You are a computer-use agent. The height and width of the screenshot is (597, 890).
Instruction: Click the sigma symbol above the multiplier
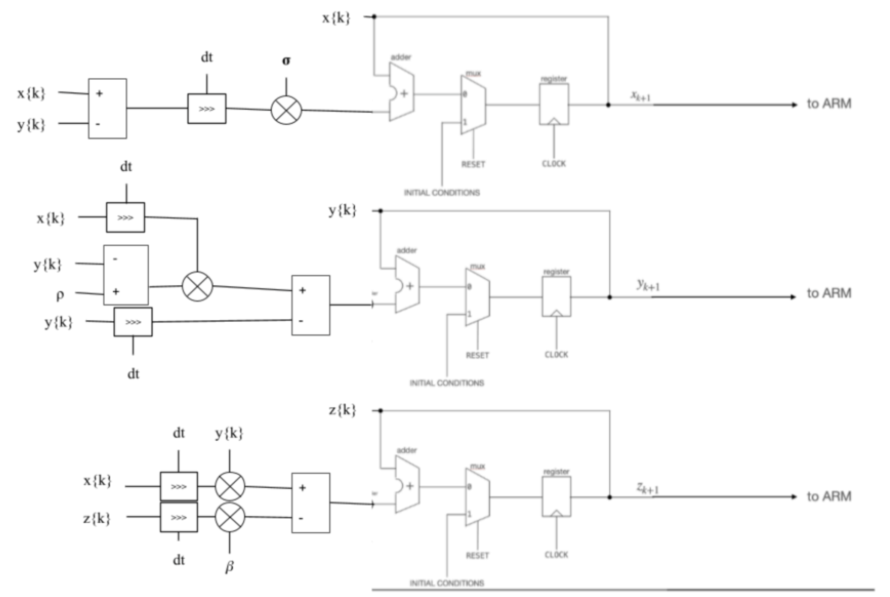pyautogui.click(x=286, y=61)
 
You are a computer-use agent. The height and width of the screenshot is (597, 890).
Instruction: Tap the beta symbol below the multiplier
pyautogui.click(x=229, y=567)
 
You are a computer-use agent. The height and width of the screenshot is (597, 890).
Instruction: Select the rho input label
pyautogui.click(x=60, y=295)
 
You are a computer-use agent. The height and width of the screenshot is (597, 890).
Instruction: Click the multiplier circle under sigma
pyautogui.click(x=286, y=110)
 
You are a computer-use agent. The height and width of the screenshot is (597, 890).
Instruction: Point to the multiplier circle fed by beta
pyautogui.click(x=230, y=517)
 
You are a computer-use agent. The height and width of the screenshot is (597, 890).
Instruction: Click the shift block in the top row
pyautogui.click(x=206, y=109)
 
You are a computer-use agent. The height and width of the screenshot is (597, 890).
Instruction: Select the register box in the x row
pyautogui.click(x=554, y=104)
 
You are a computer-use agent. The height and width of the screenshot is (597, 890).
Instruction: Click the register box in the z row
pyautogui.click(x=556, y=496)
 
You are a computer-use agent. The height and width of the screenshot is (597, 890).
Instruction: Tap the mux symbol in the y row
pyautogui.click(x=477, y=297)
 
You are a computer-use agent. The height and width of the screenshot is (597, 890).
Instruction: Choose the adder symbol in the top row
pyautogui.click(x=402, y=92)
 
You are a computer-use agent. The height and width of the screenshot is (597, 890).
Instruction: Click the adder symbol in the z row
pyautogui.click(x=407, y=485)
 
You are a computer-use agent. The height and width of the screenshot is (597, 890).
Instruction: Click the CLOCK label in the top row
pyautogui.click(x=554, y=163)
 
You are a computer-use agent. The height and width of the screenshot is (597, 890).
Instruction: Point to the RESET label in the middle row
pyautogui.click(x=477, y=355)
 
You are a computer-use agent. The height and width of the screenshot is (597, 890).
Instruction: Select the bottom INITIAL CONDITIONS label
pyautogui.click(x=446, y=583)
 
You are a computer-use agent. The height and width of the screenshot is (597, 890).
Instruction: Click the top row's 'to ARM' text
pyautogui.click(x=829, y=103)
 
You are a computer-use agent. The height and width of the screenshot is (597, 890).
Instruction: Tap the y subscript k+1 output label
pyautogui.click(x=648, y=284)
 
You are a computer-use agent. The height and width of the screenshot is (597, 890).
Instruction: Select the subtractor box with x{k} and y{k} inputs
pyautogui.click(x=107, y=109)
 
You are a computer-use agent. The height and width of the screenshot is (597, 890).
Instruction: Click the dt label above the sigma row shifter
pyautogui.click(x=206, y=57)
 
